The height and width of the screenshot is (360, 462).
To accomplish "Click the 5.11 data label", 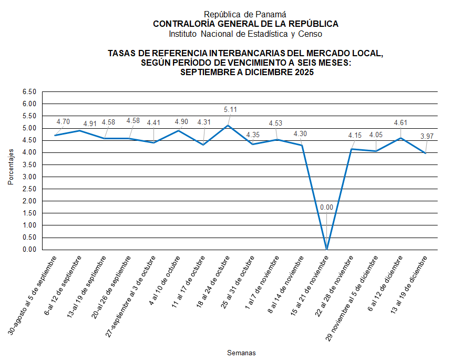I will pos(230,109).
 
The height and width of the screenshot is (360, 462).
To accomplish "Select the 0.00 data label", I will pos(326,207).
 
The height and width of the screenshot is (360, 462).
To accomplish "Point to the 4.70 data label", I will pos(63,121).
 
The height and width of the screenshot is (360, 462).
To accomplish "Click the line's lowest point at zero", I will pos(326,249).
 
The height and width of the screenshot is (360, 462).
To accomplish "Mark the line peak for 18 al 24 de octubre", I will pos(228,125).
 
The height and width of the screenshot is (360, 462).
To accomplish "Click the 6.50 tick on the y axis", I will pos(29,92).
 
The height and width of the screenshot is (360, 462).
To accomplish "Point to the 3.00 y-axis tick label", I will pos(29,177).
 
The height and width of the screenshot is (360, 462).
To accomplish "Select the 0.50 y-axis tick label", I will pos(29,238).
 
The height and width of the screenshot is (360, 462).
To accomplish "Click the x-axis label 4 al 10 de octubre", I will pos(165,282).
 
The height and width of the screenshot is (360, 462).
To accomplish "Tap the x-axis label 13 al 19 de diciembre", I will pos(410,284).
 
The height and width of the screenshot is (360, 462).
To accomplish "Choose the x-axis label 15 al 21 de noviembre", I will pos(310,285).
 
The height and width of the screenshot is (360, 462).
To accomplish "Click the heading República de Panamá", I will pos(245,15).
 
